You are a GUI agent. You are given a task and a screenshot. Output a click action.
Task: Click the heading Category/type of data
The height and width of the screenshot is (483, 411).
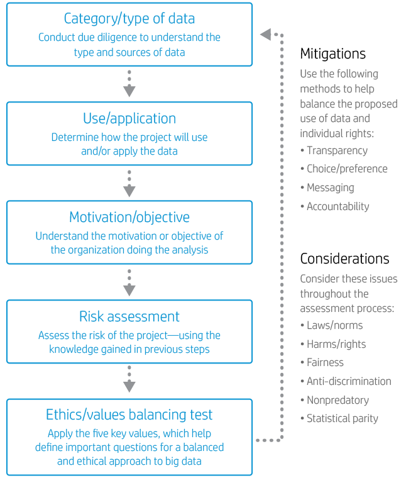129,19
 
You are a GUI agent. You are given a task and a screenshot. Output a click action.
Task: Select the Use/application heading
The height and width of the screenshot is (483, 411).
129,118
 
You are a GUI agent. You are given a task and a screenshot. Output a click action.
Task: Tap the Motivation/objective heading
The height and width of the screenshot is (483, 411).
129,218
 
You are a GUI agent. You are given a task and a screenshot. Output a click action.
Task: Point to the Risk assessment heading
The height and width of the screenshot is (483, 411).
129,316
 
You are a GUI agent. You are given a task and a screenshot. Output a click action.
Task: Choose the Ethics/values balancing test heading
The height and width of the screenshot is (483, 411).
129,415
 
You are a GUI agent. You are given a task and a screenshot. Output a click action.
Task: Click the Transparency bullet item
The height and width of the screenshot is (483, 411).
337,151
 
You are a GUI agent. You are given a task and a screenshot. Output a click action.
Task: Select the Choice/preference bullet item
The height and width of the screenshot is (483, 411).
347,169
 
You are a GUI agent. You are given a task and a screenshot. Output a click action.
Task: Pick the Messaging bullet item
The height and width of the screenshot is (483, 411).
330,188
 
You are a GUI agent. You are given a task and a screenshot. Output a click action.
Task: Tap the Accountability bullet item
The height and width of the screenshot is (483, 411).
337,206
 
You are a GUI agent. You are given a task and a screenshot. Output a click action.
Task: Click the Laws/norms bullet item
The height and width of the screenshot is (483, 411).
334,326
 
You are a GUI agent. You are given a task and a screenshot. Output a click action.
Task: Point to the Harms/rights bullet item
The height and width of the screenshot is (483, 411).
336,344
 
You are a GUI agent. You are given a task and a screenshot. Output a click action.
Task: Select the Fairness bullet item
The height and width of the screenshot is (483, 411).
325,363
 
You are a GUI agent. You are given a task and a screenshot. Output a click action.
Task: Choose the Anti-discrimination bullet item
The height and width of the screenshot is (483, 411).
349,381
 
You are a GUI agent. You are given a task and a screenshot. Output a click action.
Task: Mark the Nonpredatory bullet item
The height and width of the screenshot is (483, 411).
337,400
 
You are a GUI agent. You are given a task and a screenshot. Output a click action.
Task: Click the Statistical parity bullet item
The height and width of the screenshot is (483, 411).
342,418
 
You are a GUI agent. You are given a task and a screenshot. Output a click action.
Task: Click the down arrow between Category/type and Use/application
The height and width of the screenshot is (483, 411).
129,84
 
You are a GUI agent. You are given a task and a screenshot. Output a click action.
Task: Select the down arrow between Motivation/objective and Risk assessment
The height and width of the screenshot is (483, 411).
129,282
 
